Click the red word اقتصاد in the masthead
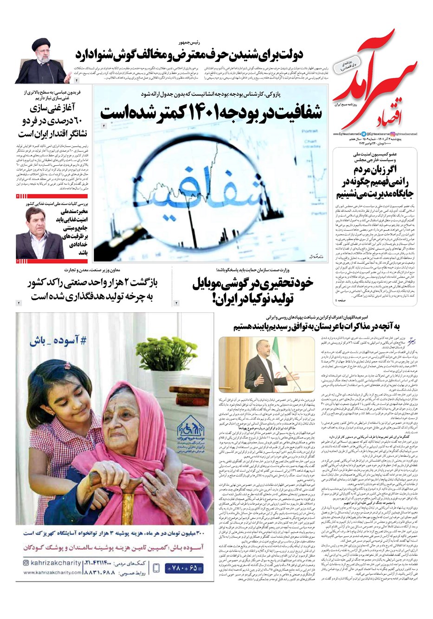(x=355, y=116)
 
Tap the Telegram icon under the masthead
(x=363, y=133)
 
